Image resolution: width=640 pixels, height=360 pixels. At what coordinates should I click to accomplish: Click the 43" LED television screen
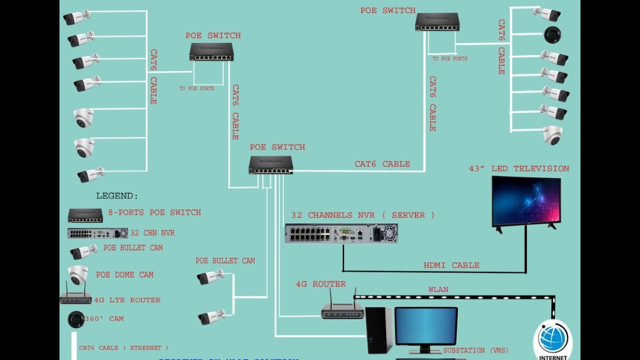[x=526, y=201]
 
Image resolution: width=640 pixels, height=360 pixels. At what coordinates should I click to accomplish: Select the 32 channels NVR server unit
[x=341, y=233]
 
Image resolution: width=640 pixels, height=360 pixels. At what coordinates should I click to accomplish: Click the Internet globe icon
[x=553, y=338]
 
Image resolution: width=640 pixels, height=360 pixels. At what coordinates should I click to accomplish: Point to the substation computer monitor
[x=425, y=326]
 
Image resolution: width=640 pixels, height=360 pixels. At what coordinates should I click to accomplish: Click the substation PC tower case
[x=379, y=330]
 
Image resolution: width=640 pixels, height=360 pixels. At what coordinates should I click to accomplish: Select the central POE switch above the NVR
[x=270, y=165]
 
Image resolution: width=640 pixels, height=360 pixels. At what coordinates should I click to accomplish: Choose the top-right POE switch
[x=437, y=22]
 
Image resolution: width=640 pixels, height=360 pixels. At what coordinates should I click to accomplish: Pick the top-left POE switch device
[x=211, y=52]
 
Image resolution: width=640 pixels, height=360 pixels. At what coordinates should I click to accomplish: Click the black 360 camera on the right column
[x=552, y=35]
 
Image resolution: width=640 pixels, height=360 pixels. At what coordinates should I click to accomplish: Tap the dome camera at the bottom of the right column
[x=552, y=135]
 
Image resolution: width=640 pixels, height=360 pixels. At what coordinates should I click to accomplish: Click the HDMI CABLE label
[x=451, y=265]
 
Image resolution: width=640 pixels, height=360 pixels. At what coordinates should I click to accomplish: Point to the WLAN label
[x=438, y=289]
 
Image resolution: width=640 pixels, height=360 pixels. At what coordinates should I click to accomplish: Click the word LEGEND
[x=117, y=196]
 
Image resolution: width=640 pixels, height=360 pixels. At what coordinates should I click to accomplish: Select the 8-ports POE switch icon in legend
[x=85, y=215]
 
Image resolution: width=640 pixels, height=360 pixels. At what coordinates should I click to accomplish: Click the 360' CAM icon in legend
[x=76, y=319]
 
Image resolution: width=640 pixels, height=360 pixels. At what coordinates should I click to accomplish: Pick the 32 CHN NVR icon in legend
[x=97, y=233]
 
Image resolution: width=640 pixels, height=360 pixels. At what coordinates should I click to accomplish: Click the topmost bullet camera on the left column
[x=76, y=17]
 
